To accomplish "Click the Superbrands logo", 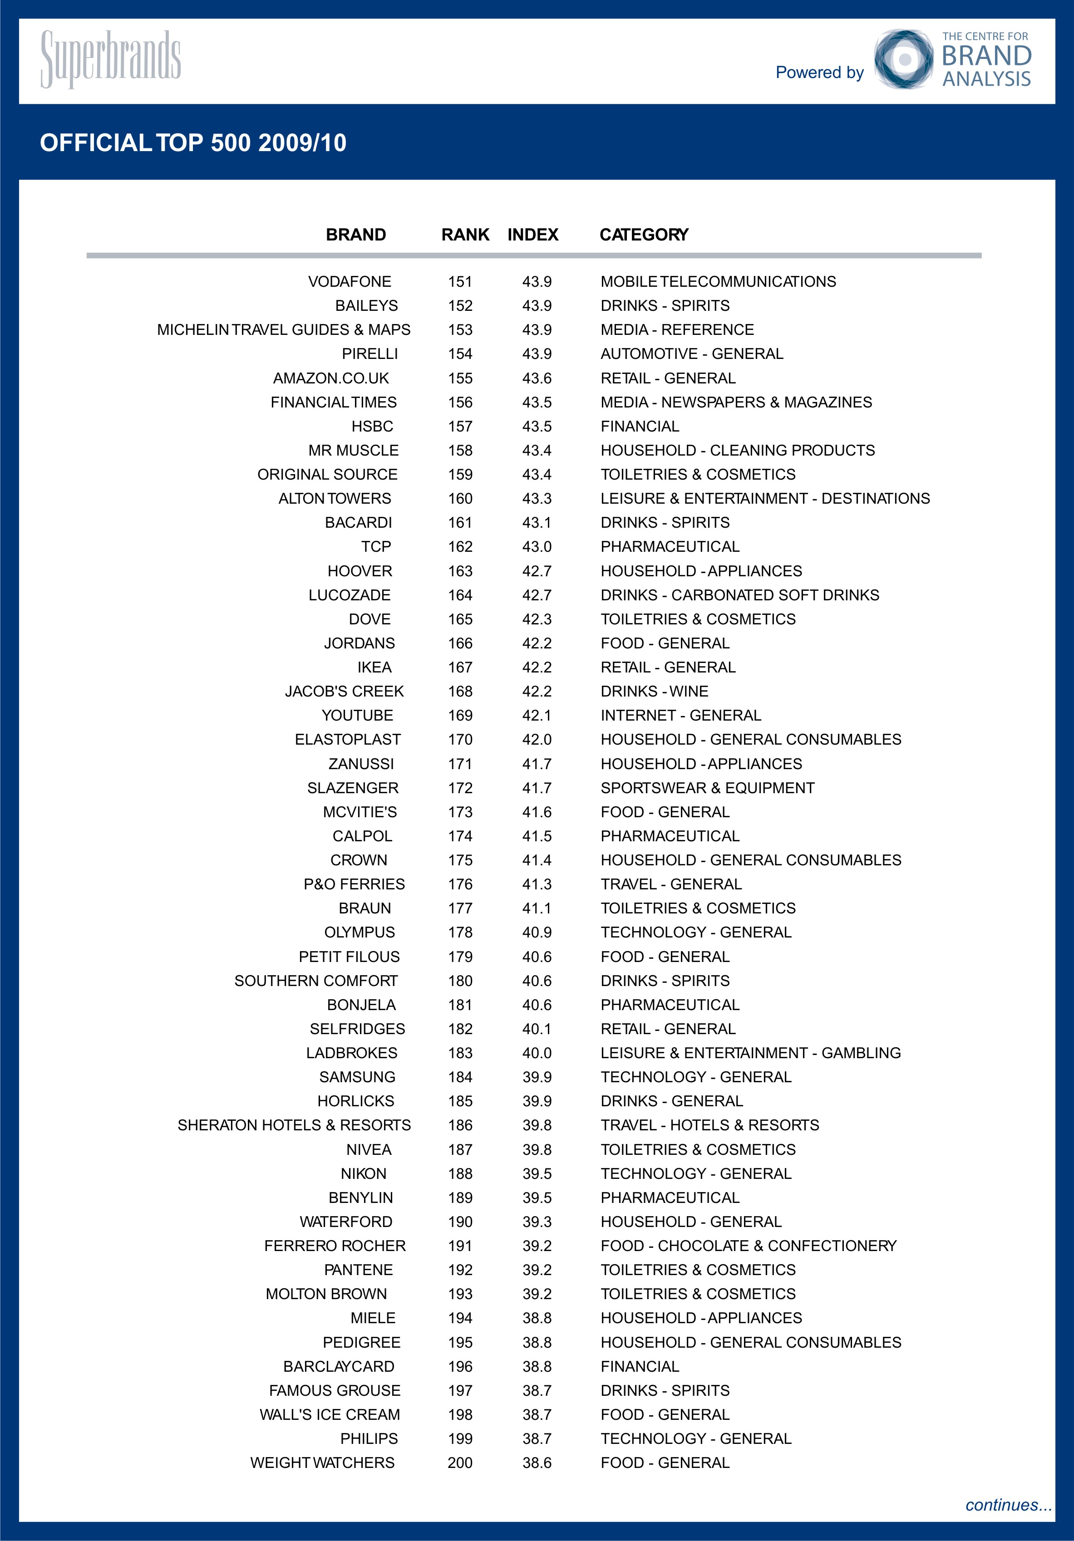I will pos(111,59).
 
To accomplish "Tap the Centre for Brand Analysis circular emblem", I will pos(903,59).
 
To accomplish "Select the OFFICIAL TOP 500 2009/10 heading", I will pos(193,143).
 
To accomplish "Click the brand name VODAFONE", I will pos(349,282).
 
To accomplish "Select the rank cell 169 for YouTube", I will pos(460,716).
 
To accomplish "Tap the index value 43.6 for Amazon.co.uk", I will pos(537,378).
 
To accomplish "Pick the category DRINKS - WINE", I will pos(655,691).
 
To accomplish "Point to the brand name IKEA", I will pos(374,667).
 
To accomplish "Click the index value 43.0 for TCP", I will pos(537,547).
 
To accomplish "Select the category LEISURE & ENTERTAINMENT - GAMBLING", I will pos(750,1053).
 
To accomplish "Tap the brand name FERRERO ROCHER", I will pos(335,1246).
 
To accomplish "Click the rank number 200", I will pos(460,1462).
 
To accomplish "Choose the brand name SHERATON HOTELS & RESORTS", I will pos(294,1125).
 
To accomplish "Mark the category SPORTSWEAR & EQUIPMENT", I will pos(708,788).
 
